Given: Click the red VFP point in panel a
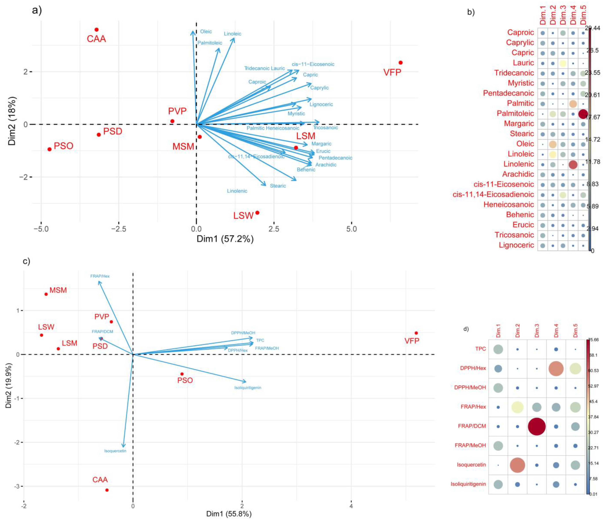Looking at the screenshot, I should tap(401, 63).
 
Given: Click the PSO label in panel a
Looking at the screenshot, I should tap(63, 146).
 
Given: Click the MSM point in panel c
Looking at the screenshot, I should tap(46, 294).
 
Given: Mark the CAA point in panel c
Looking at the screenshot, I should tap(107, 490).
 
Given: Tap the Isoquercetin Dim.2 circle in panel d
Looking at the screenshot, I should tap(517, 465).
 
